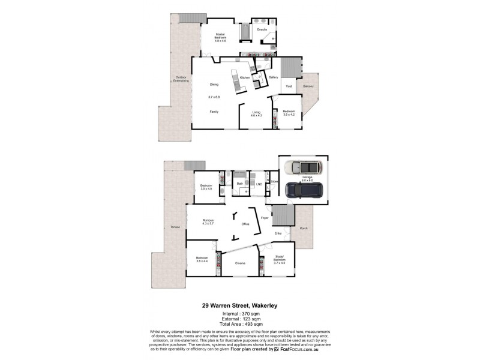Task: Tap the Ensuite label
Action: tap(262, 28)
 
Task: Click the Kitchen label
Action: tap(245, 78)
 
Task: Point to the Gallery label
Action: tap(273, 77)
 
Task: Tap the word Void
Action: tap(289, 87)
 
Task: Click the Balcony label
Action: tap(308, 86)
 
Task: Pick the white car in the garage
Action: tap(304, 167)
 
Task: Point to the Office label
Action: tap(245, 224)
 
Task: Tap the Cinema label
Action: tap(240, 263)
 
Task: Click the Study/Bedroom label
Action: tap(280, 260)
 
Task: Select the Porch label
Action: tap(304, 228)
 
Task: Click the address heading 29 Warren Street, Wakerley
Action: tap(239, 305)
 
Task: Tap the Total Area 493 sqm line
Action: tap(239, 324)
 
